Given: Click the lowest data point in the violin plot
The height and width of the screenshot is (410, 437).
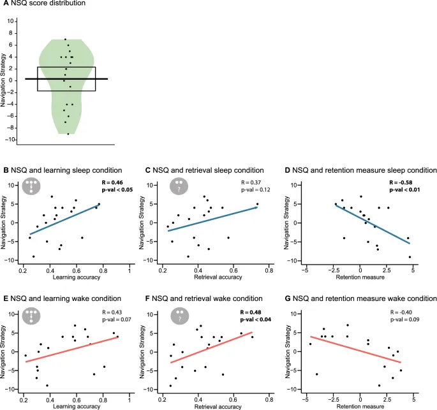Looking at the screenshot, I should click(68, 134).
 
